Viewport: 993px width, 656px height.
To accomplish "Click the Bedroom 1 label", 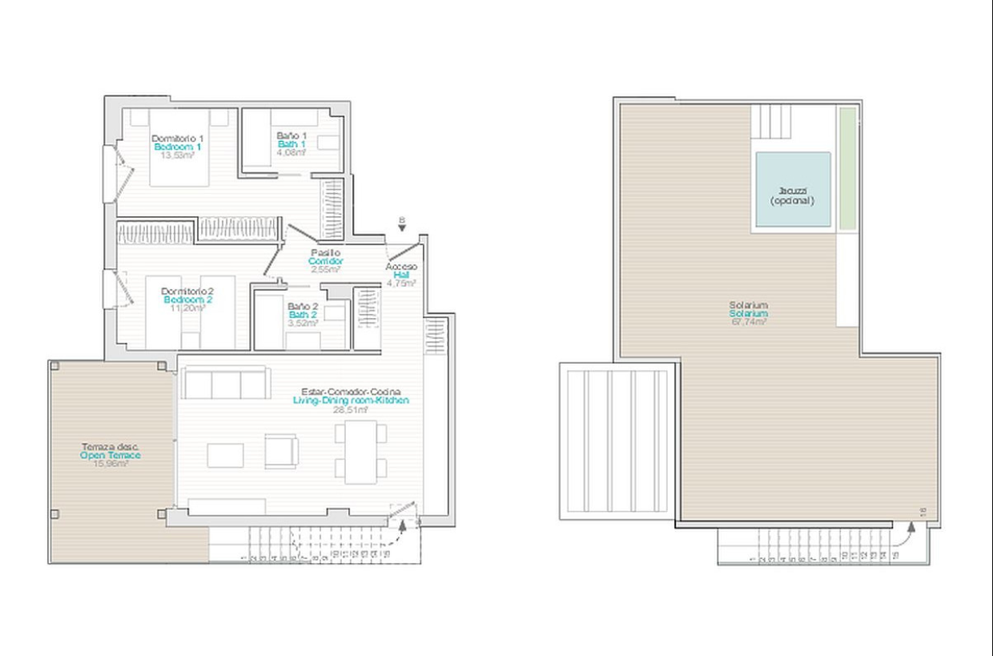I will click(x=177, y=147).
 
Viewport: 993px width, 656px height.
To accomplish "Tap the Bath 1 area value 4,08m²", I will click(x=291, y=152).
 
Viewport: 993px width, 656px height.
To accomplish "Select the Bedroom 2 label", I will click(x=187, y=300).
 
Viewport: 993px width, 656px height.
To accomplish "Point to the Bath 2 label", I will click(x=303, y=315).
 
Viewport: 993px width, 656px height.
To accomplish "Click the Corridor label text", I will click(x=326, y=261).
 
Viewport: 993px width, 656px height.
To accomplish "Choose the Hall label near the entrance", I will click(x=401, y=275).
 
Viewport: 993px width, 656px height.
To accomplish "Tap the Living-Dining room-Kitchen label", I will click(x=351, y=400).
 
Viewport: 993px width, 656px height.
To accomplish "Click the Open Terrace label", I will click(x=111, y=455).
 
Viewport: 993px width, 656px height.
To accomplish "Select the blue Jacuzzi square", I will click(x=793, y=189).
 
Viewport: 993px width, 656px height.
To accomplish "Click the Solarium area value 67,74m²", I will click(x=748, y=322).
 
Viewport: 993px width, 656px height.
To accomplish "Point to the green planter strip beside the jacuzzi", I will click(x=846, y=168).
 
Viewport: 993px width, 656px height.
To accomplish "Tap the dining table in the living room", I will click(x=360, y=453).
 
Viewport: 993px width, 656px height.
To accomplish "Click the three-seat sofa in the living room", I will click(x=225, y=383).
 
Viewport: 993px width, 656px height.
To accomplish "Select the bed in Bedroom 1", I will click(x=179, y=152).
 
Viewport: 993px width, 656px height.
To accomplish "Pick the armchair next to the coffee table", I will click(x=281, y=451).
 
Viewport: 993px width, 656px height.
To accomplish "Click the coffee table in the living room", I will click(x=225, y=455).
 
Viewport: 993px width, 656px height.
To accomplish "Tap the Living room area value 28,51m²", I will click(x=351, y=408).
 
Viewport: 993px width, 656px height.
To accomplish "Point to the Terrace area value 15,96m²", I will click(x=111, y=463).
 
